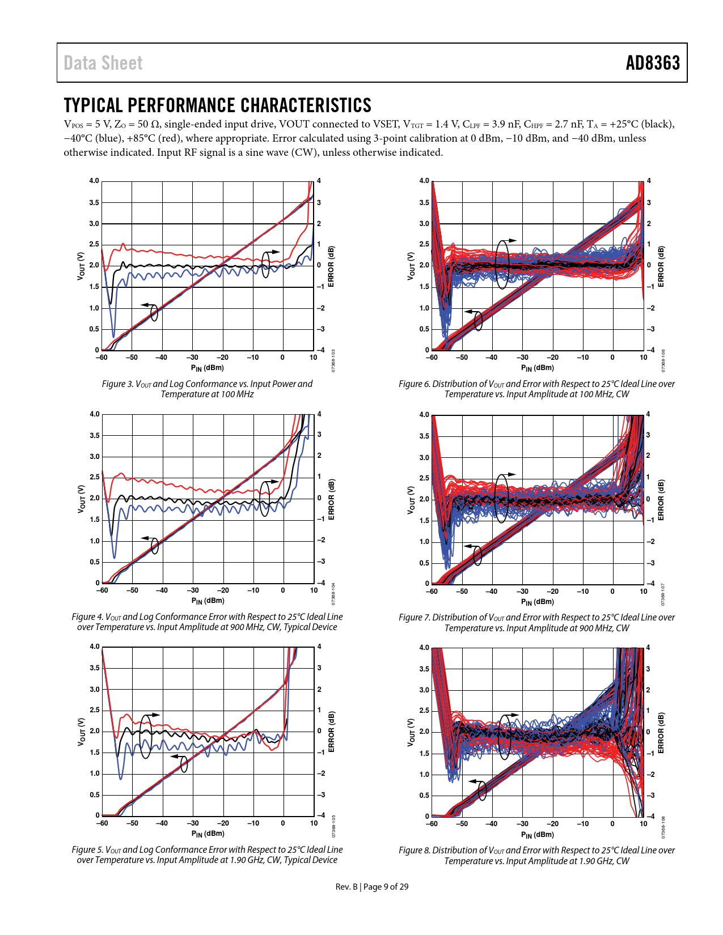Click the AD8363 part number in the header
coord(652,63)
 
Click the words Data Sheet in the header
coord(103,63)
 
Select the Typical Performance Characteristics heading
coord(217,105)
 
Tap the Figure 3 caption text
coord(207,389)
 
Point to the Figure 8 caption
coord(536,855)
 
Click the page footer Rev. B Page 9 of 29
coord(371,886)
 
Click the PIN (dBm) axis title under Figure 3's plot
coord(207,368)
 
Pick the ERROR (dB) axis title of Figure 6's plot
coord(661,266)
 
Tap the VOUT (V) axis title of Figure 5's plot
coord(81,732)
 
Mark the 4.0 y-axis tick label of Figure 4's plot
coord(94,414)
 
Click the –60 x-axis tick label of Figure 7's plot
coord(432,592)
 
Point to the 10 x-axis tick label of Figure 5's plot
coord(314,823)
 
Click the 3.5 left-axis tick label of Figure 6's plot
coord(424,202)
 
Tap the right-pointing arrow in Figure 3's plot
coord(274,252)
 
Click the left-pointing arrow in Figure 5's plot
coord(176,756)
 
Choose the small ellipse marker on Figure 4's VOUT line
coord(155,547)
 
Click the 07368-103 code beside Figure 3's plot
coord(333,361)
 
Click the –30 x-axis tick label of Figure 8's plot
coord(522,824)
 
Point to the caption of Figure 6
coord(536,389)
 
